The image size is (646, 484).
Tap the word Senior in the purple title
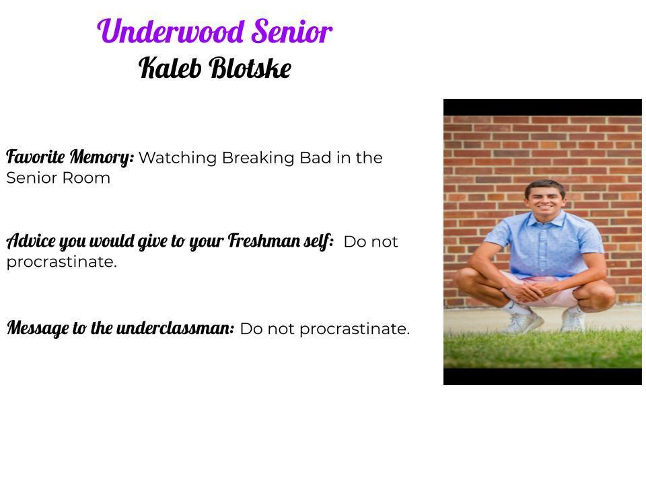click(292, 32)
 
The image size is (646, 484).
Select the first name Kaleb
click(170, 68)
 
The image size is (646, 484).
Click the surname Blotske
click(250, 68)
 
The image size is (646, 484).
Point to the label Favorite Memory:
click(70, 157)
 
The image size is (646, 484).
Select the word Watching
click(178, 158)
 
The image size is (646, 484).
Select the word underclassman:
click(176, 329)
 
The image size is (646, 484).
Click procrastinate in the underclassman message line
click(353, 329)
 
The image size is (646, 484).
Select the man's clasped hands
click(529, 292)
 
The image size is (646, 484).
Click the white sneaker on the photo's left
click(522, 321)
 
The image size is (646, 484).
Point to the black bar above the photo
click(542, 107)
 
